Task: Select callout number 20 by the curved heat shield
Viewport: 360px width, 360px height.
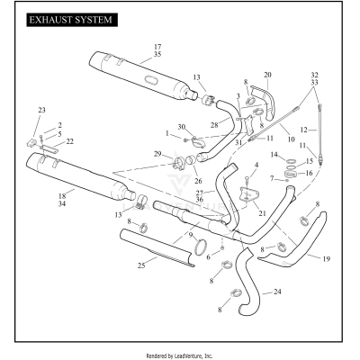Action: (x=267, y=75)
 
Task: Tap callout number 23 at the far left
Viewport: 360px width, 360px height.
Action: (x=40, y=110)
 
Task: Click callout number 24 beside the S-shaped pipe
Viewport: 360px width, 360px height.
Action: (x=277, y=292)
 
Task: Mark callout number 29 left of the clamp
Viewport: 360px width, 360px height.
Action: (x=159, y=154)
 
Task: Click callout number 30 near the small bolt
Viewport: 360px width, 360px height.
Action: (x=181, y=126)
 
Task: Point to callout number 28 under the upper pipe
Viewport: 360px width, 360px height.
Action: (x=214, y=124)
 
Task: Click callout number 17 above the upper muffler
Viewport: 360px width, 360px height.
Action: (x=157, y=46)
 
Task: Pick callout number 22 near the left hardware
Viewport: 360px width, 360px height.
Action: (x=70, y=141)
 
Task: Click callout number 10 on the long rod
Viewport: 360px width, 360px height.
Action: (x=290, y=139)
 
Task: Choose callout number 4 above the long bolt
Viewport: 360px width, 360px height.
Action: (x=256, y=166)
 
